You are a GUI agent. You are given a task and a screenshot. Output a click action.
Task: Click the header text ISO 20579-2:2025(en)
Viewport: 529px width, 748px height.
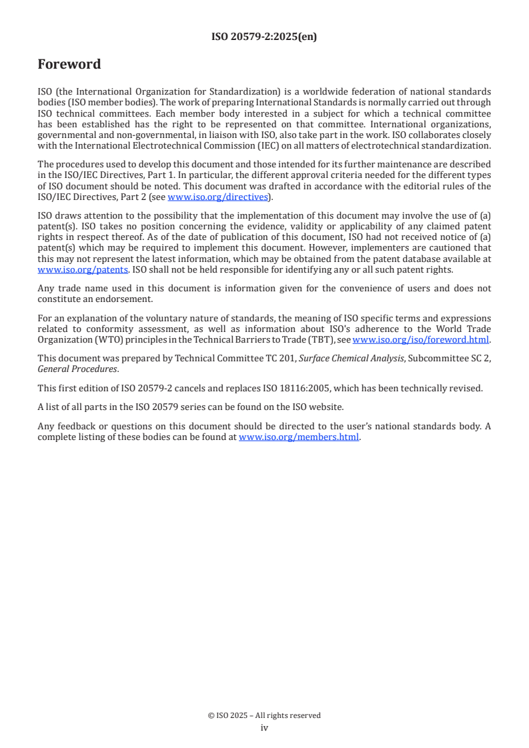(264, 37)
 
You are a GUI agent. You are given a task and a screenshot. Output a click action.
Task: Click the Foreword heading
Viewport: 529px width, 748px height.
(69, 65)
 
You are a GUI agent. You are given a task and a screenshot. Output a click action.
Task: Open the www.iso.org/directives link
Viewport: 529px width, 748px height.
(217, 197)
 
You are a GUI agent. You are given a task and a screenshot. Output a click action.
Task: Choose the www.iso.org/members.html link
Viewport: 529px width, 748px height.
(299, 437)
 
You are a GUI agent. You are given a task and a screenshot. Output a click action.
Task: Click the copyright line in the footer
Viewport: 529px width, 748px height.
(264, 715)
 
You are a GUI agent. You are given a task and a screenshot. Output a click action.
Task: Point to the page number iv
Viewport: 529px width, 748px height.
(264, 728)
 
